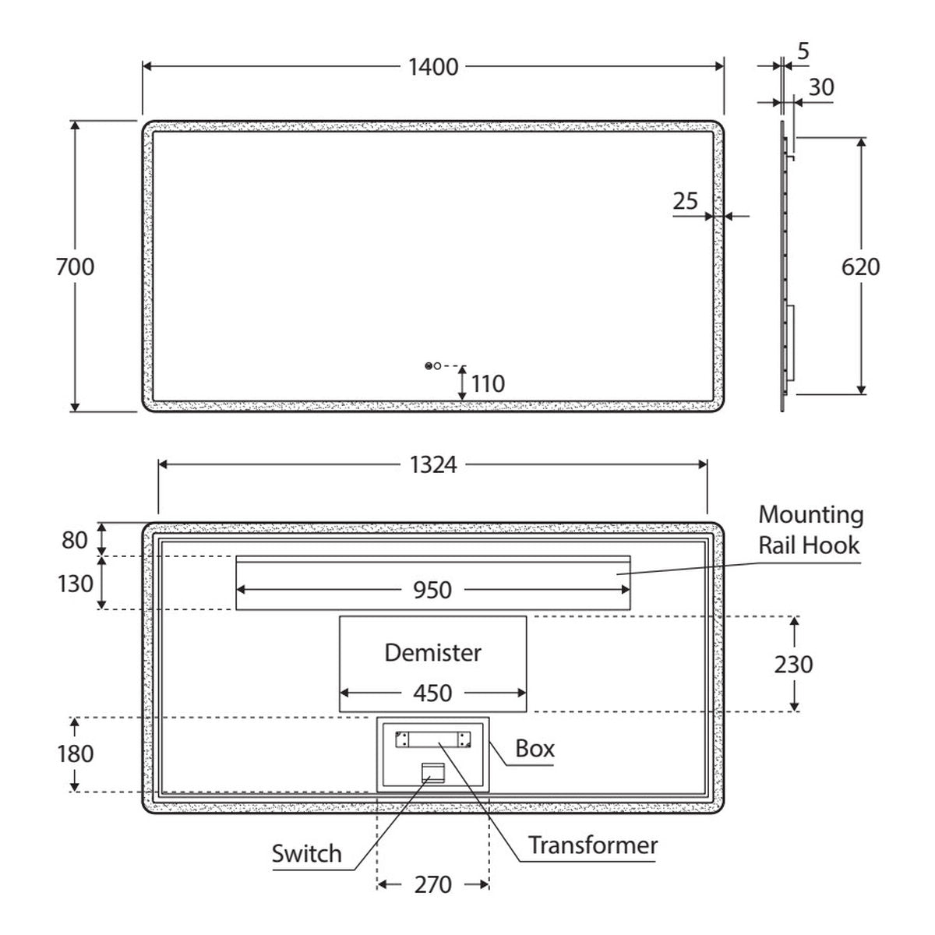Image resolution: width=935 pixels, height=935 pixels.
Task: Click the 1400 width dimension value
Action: pyautogui.click(x=433, y=67)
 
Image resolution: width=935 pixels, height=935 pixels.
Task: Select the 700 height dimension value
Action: pyautogui.click(x=76, y=267)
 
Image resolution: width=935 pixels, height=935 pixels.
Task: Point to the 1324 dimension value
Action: pyautogui.click(x=433, y=465)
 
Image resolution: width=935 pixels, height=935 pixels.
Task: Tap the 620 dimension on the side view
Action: pyautogui.click(x=860, y=267)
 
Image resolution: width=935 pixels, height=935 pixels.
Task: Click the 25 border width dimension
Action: pyautogui.click(x=685, y=201)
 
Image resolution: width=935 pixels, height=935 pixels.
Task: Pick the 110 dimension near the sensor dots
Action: pyautogui.click(x=488, y=384)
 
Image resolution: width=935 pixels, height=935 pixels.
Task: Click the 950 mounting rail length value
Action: pyautogui.click(x=432, y=591)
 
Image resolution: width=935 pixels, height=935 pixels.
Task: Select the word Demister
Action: pyautogui.click(x=432, y=653)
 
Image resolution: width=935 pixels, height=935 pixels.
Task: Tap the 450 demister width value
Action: pyautogui.click(x=432, y=693)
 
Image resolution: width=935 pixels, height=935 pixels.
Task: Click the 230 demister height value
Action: pyautogui.click(x=793, y=665)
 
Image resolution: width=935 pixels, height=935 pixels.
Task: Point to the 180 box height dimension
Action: pyautogui.click(x=76, y=754)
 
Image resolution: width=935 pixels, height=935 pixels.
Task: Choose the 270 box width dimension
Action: pyautogui.click(x=432, y=884)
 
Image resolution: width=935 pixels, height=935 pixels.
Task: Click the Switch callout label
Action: pyautogui.click(x=307, y=853)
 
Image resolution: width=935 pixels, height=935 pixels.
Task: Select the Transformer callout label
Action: pyautogui.click(x=593, y=845)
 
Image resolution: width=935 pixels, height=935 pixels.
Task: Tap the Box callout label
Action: pyautogui.click(x=535, y=749)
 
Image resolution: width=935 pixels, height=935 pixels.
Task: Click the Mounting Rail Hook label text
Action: pyautogui.click(x=811, y=530)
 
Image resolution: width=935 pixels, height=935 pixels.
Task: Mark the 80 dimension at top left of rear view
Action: pyautogui.click(x=75, y=540)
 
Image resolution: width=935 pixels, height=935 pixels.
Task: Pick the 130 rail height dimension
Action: pyautogui.click(x=76, y=584)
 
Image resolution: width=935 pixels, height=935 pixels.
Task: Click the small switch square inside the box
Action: pyautogui.click(x=432, y=772)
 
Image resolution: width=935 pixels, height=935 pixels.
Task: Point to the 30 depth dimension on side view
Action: pyautogui.click(x=821, y=88)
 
